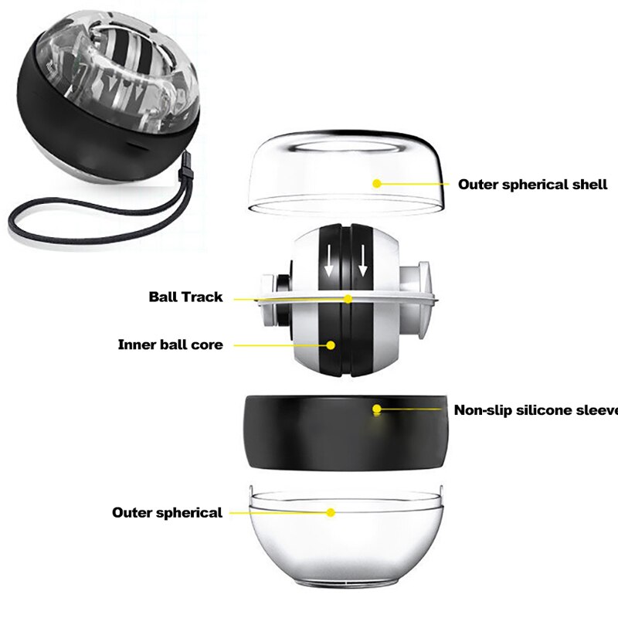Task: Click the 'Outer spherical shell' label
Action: [x=532, y=185]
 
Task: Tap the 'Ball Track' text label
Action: [x=185, y=297]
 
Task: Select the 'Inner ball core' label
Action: [x=170, y=345]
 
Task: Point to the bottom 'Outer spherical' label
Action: [x=167, y=512]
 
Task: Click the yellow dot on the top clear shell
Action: [x=377, y=184]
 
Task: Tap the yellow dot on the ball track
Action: [x=348, y=298]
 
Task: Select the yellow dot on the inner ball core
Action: [x=331, y=345]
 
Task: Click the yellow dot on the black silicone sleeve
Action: [x=377, y=409]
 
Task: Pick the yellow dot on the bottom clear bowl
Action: [x=331, y=512]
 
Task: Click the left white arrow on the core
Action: [x=329, y=263]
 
